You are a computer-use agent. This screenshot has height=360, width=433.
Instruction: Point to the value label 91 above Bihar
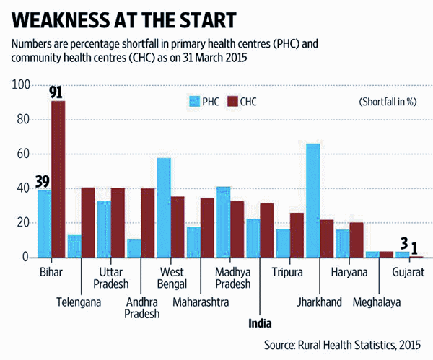pyautogui.click(x=57, y=92)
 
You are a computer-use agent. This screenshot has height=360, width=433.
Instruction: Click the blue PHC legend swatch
pyautogui.click(x=193, y=102)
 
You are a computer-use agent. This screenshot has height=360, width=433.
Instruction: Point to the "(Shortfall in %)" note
pyautogui.click(x=387, y=102)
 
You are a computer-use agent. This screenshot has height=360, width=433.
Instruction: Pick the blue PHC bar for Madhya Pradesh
pyautogui.click(x=223, y=221)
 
